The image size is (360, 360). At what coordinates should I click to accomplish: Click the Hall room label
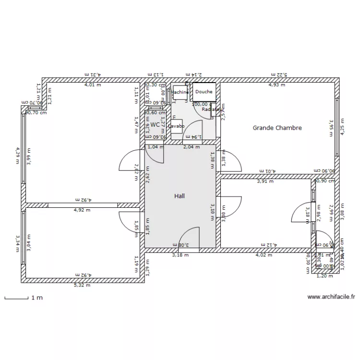[x=180, y=196]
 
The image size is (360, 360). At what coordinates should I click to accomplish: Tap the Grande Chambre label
[x=277, y=128]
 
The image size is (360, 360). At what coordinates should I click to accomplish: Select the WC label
[x=155, y=124]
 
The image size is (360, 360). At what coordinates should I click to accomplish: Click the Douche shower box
[x=204, y=92]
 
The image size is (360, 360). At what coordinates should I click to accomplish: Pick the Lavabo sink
[x=176, y=126]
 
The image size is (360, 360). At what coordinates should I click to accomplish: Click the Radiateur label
[x=212, y=109]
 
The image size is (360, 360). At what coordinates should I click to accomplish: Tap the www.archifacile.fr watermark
[x=331, y=297]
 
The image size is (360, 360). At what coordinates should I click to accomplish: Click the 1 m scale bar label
[x=37, y=298]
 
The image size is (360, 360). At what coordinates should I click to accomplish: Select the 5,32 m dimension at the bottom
[x=81, y=285]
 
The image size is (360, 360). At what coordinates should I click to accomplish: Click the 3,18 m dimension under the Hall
[x=180, y=255]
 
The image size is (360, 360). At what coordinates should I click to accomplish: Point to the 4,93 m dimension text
[x=276, y=85]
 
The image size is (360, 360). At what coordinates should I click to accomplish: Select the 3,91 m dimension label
[x=265, y=181]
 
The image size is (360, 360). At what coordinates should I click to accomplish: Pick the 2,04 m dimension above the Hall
[x=192, y=147]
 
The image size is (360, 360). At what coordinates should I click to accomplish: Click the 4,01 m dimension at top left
[x=93, y=85]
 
